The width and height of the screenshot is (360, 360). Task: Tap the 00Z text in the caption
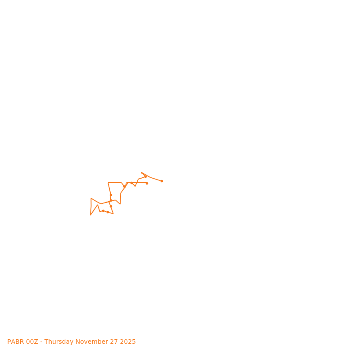pyautogui.click(x=32, y=342)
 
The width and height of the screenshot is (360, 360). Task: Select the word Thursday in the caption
pyautogui.click(x=60, y=342)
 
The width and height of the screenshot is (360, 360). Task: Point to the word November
pyautogui.click(x=93, y=342)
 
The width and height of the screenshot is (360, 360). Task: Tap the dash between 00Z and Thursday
pyautogui.click(x=41, y=342)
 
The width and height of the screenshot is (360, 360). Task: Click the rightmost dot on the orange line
pyautogui.click(x=162, y=181)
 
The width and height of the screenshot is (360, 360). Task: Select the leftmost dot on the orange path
pyautogui.click(x=103, y=211)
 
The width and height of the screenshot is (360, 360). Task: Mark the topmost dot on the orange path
pyautogui.click(x=145, y=176)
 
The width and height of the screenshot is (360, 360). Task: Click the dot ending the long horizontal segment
pyautogui.click(x=147, y=183)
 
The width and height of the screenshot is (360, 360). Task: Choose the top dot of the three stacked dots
pyautogui.click(x=111, y=195)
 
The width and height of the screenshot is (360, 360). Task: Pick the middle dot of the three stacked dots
pyautogui.click(x=111, y=201)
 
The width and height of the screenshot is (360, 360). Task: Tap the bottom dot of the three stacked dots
pyautogui.click(x=111, y=206)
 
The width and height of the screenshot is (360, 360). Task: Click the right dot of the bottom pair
pyautogui.click(x=108, y=212)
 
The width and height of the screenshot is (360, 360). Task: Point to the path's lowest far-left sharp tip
pyautogui.click(x=90, y=215)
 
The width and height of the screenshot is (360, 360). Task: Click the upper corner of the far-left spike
pyautogui.click(x=91, y=198)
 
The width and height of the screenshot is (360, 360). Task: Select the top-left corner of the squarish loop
pyautogui.click(x=108, y=183)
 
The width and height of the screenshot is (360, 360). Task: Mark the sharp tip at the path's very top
pyautogui.click(x=141, y=172)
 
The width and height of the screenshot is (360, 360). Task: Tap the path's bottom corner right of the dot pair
pyautogui.click(x=113, y=213)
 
